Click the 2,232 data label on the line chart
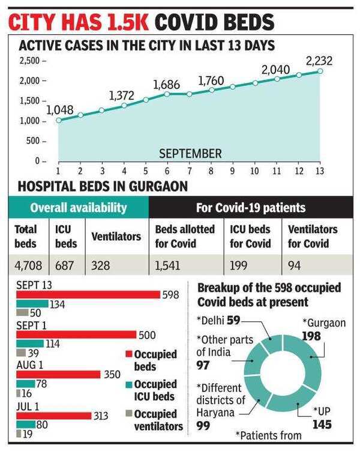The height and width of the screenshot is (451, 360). [318, 61]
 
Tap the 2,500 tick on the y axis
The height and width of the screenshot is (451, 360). [31, 61]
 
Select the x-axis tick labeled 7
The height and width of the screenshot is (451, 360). [189, 172]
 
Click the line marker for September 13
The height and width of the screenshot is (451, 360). [320, 71]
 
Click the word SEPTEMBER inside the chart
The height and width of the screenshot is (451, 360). [190, 154]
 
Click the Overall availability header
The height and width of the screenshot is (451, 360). [79, 208]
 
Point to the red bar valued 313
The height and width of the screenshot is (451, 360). [53, 415]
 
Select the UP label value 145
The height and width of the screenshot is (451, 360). [322, 424]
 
